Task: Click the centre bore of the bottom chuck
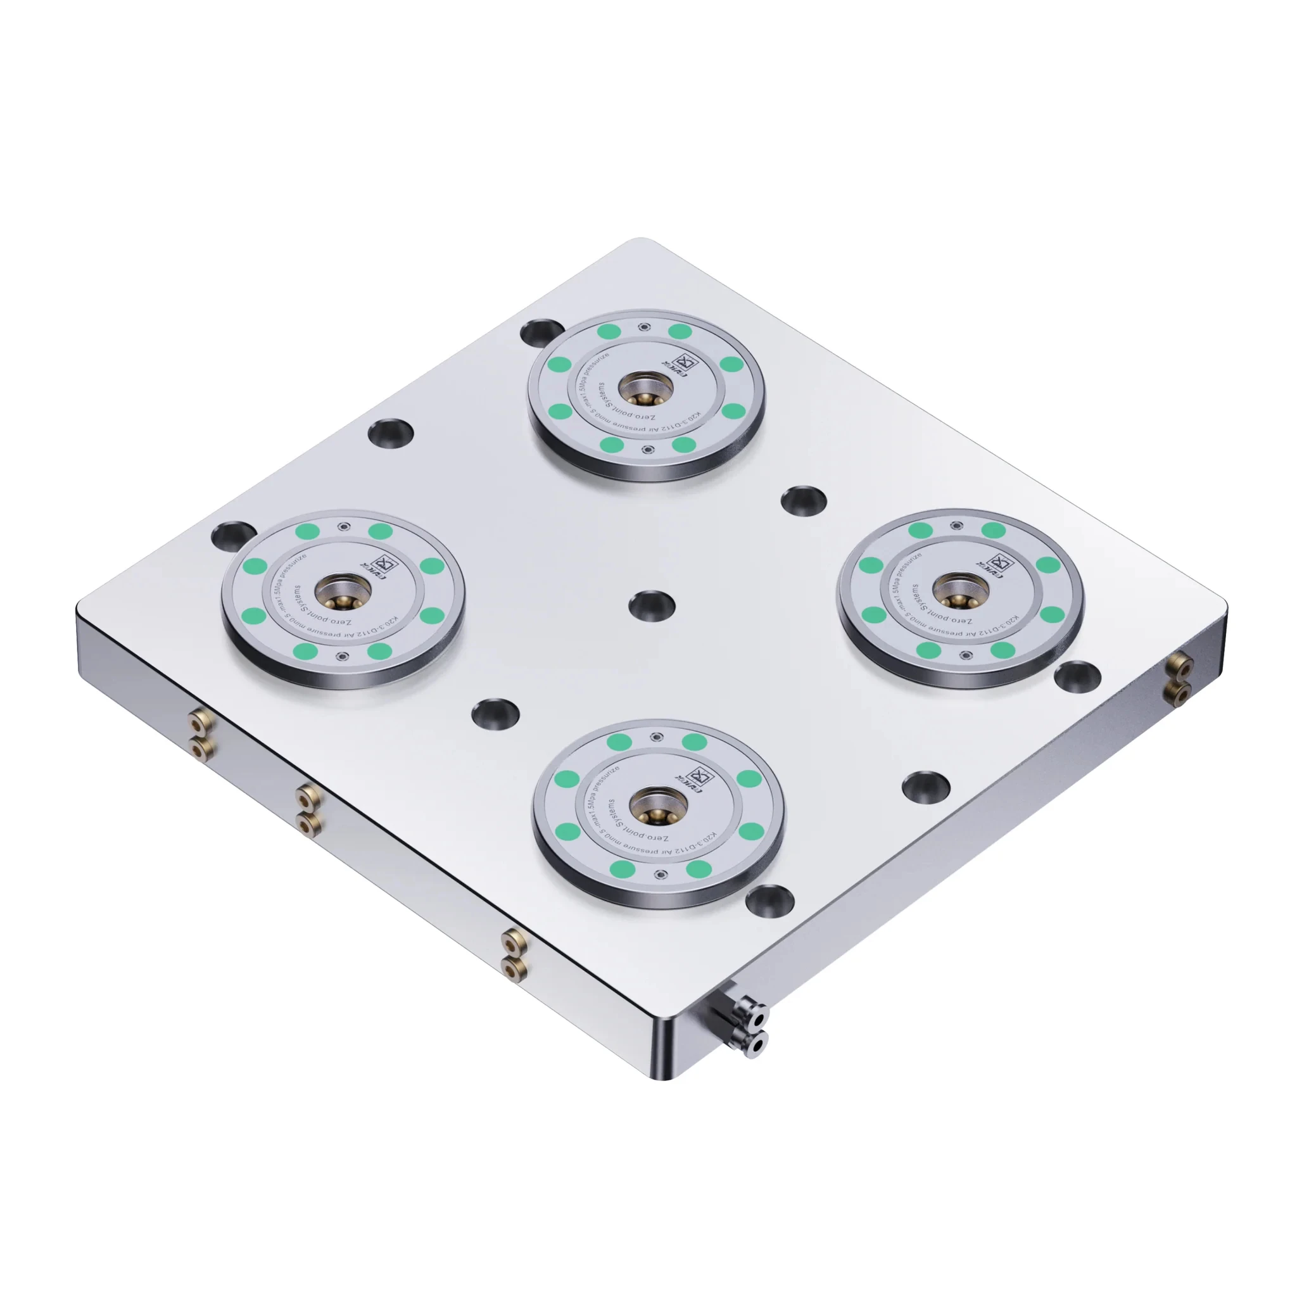pos(658,805)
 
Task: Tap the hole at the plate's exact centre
pos(651,604)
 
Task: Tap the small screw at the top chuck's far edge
pos(645,327)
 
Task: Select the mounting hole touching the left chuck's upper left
pos(232,535)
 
